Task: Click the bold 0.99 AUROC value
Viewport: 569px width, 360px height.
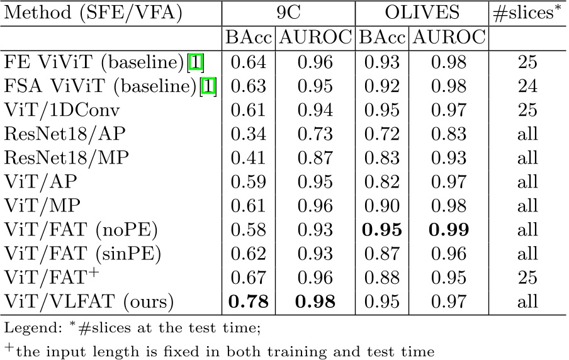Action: [449, 229]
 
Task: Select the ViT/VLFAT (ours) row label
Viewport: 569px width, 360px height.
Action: [89, 301]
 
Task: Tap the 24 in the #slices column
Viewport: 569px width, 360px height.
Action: [527, 86]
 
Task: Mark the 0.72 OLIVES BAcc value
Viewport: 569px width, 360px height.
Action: [383, 133]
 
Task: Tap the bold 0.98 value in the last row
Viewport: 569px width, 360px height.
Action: [315, 301]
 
